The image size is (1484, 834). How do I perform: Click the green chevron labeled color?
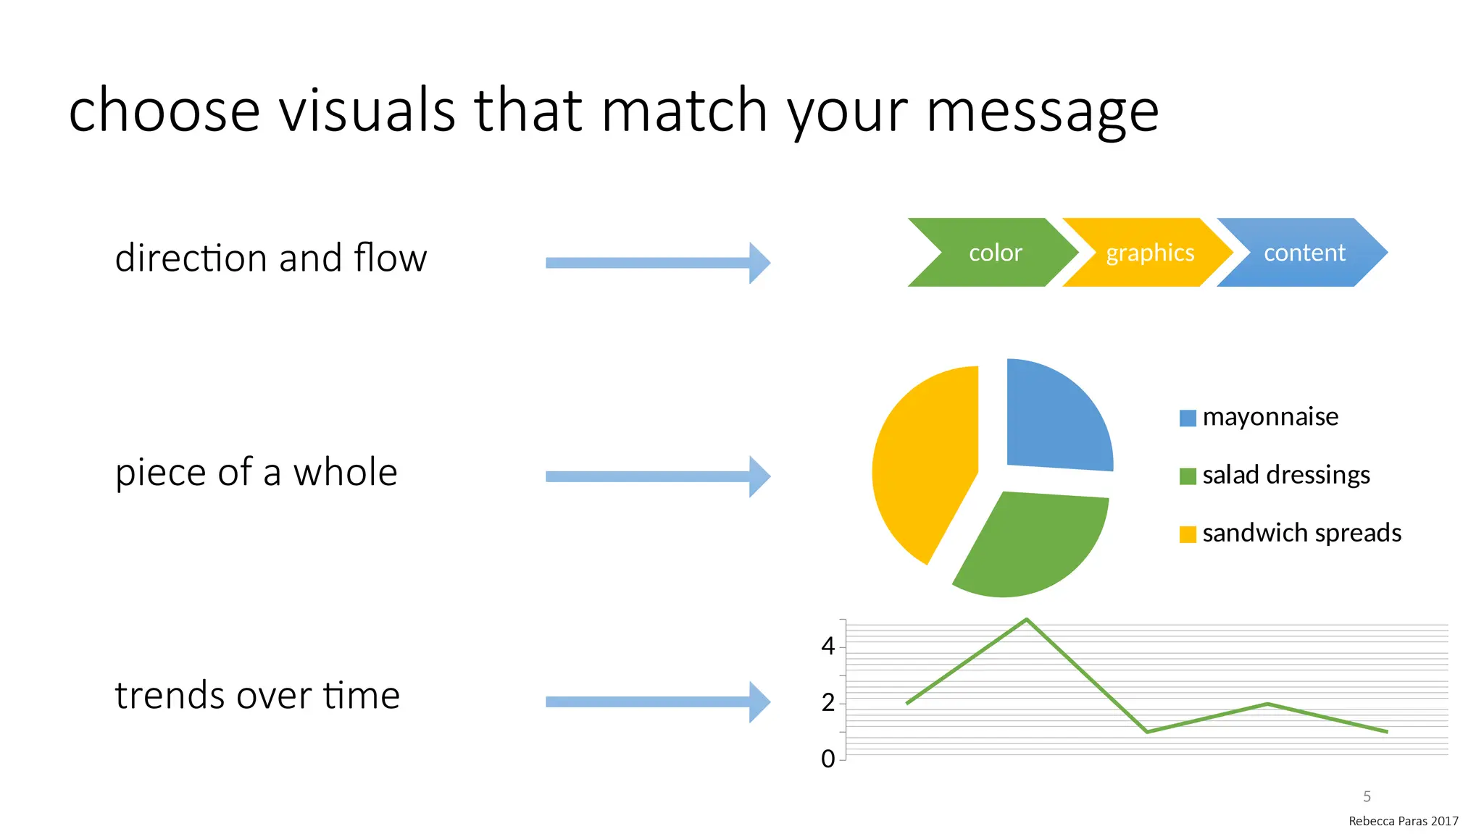[x=994, y=253]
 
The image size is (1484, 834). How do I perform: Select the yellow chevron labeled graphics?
[x=1149, y=253]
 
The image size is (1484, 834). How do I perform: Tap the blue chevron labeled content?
[x=1304, y=253]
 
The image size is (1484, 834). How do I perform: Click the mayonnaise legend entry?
[x=1270, y=417]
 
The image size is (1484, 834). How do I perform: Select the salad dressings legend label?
[x=1285, y=475]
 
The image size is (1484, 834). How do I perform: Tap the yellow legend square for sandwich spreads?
[x=1188, y=534]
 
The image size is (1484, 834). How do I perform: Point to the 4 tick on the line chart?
[x=828, y=646]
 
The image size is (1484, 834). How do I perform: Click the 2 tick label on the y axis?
[x=828, y=703]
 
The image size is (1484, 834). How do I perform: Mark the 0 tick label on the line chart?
[x=828, y=759]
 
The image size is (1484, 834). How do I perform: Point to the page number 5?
[x=1367, y=796]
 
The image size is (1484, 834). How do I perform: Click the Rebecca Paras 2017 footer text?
[x=1403, y=821]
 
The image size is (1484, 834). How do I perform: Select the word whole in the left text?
[x=345, y=473]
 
